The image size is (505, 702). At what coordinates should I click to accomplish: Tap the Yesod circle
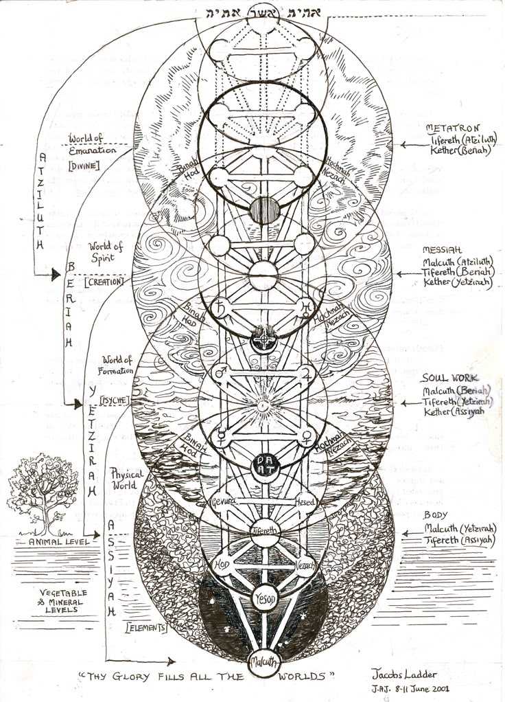coord(263,598)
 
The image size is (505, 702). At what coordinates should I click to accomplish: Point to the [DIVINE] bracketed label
coord(85,165)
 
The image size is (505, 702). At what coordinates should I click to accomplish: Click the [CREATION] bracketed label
coord(104,282)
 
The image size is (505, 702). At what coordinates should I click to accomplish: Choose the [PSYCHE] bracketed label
coord(115,399)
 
